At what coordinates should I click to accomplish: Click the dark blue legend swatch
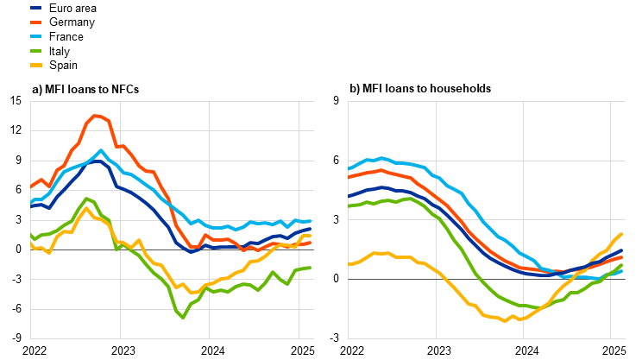coord(35,8)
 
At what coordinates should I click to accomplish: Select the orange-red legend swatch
coord(35,22)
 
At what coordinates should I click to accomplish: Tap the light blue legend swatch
coord(35,36)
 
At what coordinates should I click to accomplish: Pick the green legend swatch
coord(35,50)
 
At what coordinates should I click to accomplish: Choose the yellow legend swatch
coord(35,65)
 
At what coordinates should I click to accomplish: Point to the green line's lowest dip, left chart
coord(182,317)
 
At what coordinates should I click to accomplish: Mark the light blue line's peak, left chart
coord(101,151)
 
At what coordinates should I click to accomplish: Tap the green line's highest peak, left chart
coord(86,199)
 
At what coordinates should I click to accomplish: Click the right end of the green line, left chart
coord(311,268)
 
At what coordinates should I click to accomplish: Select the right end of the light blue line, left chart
coord(311,221)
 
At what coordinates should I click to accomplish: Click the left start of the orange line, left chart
coord(31,186)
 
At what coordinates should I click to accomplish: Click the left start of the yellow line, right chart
coord(349,264)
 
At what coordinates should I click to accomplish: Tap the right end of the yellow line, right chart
coord(621,234)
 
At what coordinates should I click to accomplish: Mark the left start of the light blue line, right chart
coord(349,169)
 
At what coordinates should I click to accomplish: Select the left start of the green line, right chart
coord(349,206)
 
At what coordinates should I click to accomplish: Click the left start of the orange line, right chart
coord(349,177)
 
